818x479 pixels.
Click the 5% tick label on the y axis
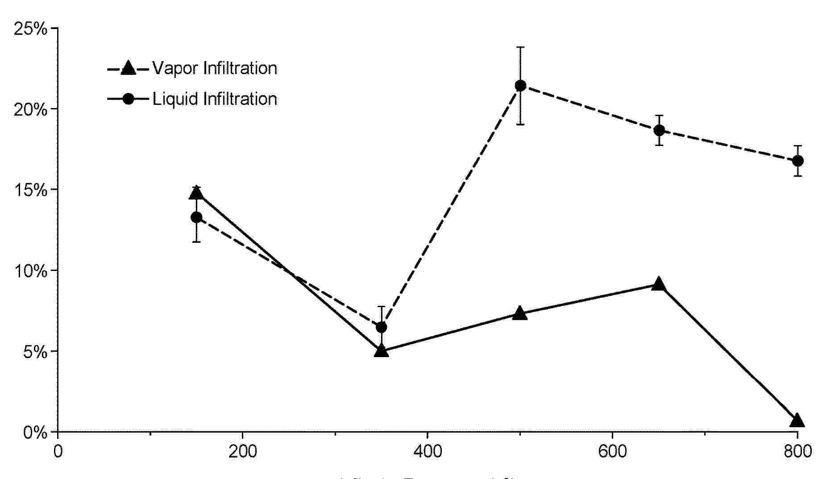click(35, 352)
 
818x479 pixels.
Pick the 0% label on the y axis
click(35, 433)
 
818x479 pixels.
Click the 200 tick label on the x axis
click(242, 451)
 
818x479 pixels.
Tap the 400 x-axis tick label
click(427, 451)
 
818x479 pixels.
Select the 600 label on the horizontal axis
click(612, 451)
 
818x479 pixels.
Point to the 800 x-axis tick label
click(797, 451)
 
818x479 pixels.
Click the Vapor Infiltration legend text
click(215, 68)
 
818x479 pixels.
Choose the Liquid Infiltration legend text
click(215, 99)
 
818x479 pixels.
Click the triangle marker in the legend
click(129, 68)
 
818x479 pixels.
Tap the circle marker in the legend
click(129, 99)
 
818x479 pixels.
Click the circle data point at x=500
click(520, 86)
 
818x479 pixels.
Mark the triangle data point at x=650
click(659, 284)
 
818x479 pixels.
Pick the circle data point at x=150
click(196, 217)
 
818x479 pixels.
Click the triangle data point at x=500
click(520, 313)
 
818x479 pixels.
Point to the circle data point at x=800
click(797, 161)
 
